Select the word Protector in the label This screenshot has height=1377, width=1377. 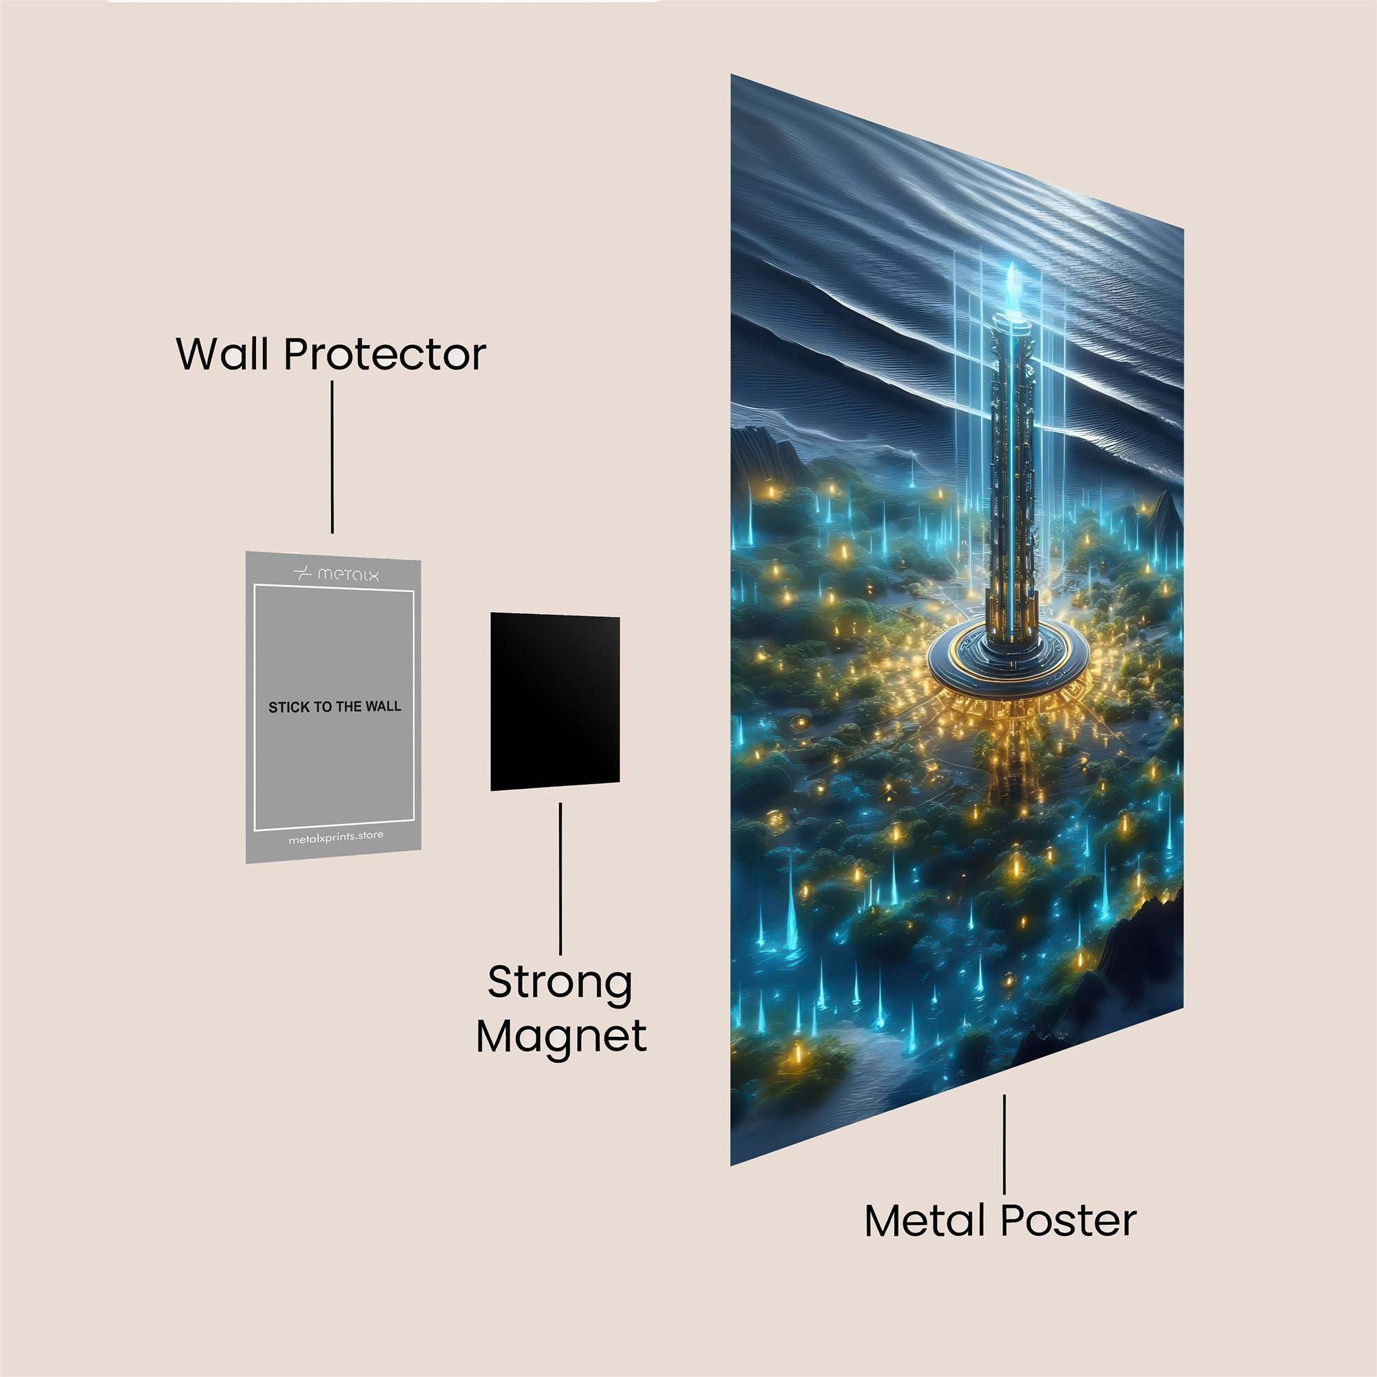[385, 354]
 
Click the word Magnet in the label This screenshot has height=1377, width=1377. [562, 1038]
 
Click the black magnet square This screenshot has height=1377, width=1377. [554, 702]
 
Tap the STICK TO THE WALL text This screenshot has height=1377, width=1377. [335, 707]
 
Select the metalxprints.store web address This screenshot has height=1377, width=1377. [336, 837]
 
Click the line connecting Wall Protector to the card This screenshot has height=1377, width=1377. [332, 457]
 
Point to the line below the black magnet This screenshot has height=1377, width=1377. [560, 879]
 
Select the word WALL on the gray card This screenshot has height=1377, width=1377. [383, 707]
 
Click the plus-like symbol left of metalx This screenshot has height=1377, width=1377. [303, 573]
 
